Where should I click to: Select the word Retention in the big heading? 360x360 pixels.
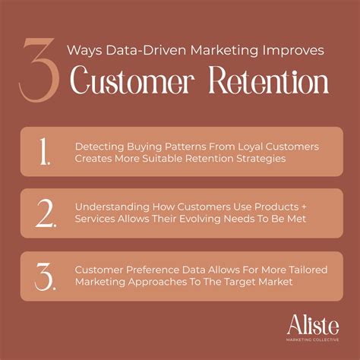point(269,80)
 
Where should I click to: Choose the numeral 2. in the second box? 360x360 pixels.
point(44,214)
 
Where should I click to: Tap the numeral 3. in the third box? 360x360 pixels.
point(44,277)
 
